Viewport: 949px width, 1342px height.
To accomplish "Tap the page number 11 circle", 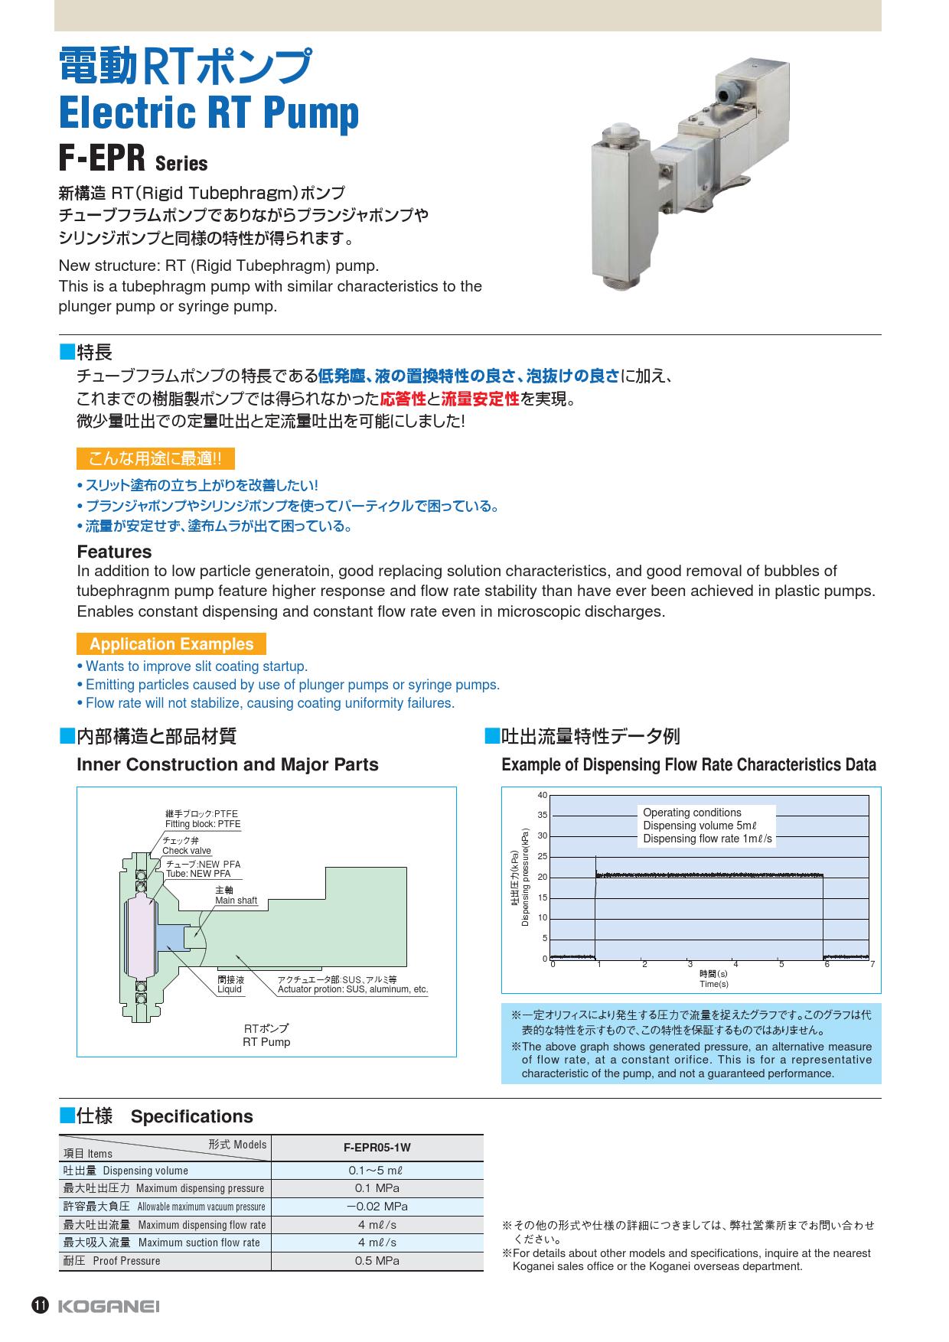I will tap(40, 1306).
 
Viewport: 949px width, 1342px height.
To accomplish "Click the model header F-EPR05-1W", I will tap(377, 1148).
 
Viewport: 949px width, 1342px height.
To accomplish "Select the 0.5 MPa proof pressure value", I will tap(377, 1261).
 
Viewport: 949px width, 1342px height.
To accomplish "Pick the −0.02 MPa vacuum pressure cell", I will tap(377, 1207).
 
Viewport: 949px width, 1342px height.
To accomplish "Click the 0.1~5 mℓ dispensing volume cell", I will tap(377, 1171).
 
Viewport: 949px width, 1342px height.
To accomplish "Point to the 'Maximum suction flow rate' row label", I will tap(199, 1243).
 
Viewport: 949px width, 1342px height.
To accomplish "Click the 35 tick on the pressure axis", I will tap(543, 816).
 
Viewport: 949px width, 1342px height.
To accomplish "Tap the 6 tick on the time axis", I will tap(827, 965).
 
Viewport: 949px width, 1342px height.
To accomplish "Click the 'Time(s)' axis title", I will tap(714, 984).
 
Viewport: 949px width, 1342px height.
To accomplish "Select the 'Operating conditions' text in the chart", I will tap(692, 813).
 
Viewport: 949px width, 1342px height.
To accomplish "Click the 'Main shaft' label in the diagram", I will tap(236, 901).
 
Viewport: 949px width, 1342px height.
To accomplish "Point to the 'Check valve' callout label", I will tap(187, 851).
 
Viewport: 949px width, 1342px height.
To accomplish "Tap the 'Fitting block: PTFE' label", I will tap(203, 824).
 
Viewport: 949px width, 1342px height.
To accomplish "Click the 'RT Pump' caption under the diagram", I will tap(266, 1042).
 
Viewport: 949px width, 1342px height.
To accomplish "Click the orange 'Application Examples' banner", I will tap(171, 644).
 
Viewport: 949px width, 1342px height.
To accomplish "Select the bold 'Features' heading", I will tap(114, 552).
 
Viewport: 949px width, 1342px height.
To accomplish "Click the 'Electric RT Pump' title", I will tap(209, 112).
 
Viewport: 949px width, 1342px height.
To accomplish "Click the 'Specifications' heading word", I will tap(191, 1116).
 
